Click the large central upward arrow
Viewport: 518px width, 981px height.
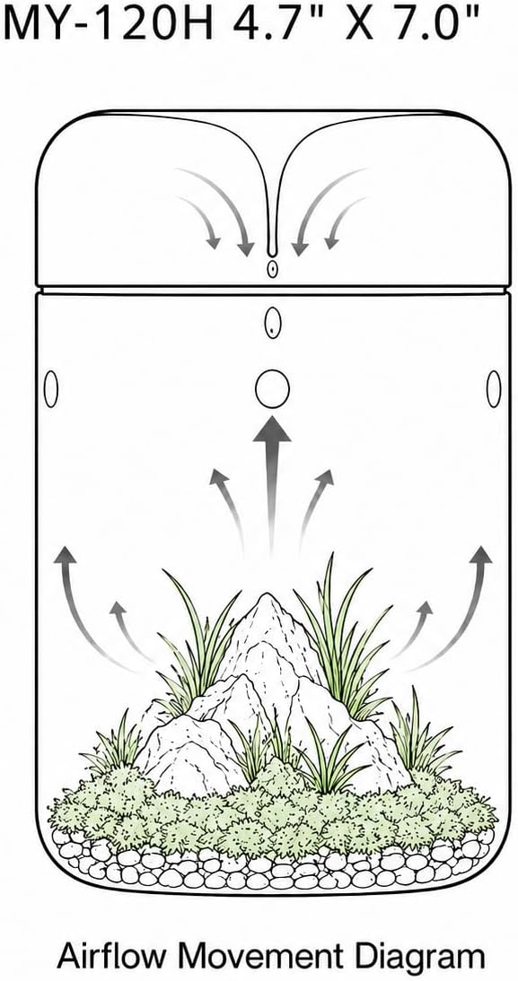pyautogui.click(x=272, y=482)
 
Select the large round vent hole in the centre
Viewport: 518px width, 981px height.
pyautogui.click(x=273, y=388)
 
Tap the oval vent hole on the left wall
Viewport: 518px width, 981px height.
pyautogui.click(x=51, y=389)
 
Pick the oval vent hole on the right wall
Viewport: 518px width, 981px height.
pyautogui.click(x=494, y=388)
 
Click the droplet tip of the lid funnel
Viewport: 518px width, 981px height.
pyautogui.click(x=272, y=250)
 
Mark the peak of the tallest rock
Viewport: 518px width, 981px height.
pyautogui.click(x=268, y=595)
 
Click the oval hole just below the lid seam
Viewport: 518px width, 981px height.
pyautogui.click(x=273, y=324)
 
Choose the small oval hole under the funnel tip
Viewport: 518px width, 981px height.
pyautogui.click(x=272, y=269)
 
